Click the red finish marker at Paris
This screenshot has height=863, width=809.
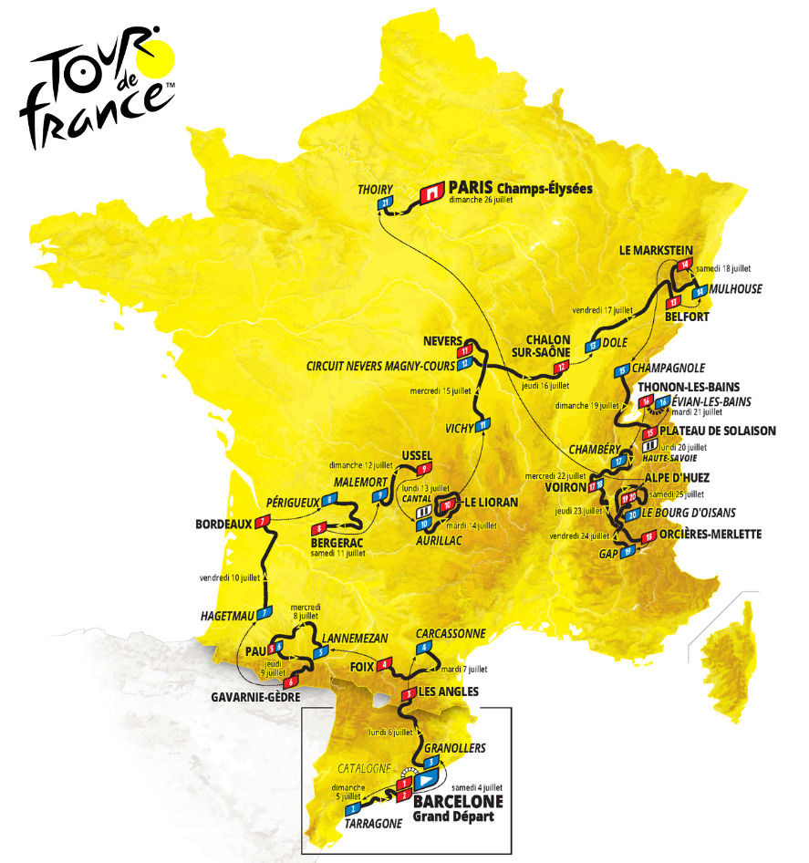(431, 192)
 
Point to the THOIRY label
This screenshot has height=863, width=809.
(377, 188)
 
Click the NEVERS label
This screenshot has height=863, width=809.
(443, 340)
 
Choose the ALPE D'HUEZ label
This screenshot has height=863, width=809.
(677, 477)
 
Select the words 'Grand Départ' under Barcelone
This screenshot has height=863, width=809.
(453, 816)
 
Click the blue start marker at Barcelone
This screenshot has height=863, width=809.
(426, 781)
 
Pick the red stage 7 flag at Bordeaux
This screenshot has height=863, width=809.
(264, 523)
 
